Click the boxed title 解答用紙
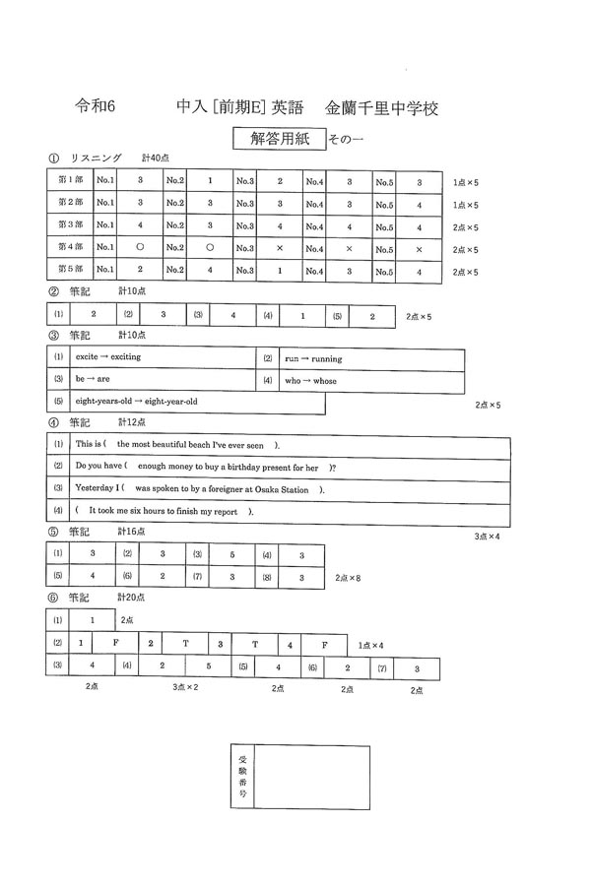point(278,139)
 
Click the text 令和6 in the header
point(96,105)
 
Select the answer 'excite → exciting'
point(108,356)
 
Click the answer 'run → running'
point(313,358)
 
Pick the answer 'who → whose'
point(309,380)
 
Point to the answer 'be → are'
point(94,380)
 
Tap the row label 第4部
point(70,248)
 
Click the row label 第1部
point(70,181)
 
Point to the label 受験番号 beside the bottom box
point(243,777)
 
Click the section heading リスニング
point(95,158)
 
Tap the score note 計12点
point(132,422)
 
